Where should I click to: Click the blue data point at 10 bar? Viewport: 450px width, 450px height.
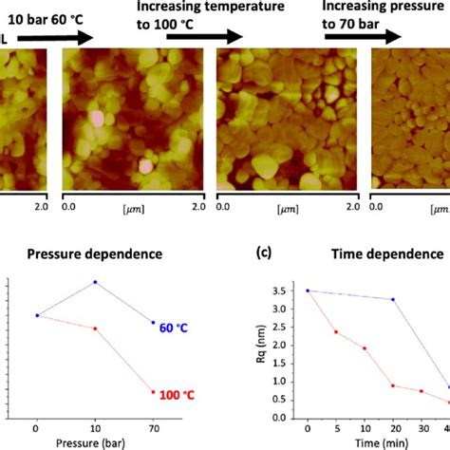click(95, 282)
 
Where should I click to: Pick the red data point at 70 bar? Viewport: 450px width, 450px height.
click(154, 392)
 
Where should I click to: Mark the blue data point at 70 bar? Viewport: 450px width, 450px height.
click(154, 323)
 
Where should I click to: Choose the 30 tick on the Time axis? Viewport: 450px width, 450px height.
click(422, 429)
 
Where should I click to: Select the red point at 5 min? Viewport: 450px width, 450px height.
click(335, 331)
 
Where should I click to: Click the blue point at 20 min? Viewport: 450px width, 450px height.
click(393, 300)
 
